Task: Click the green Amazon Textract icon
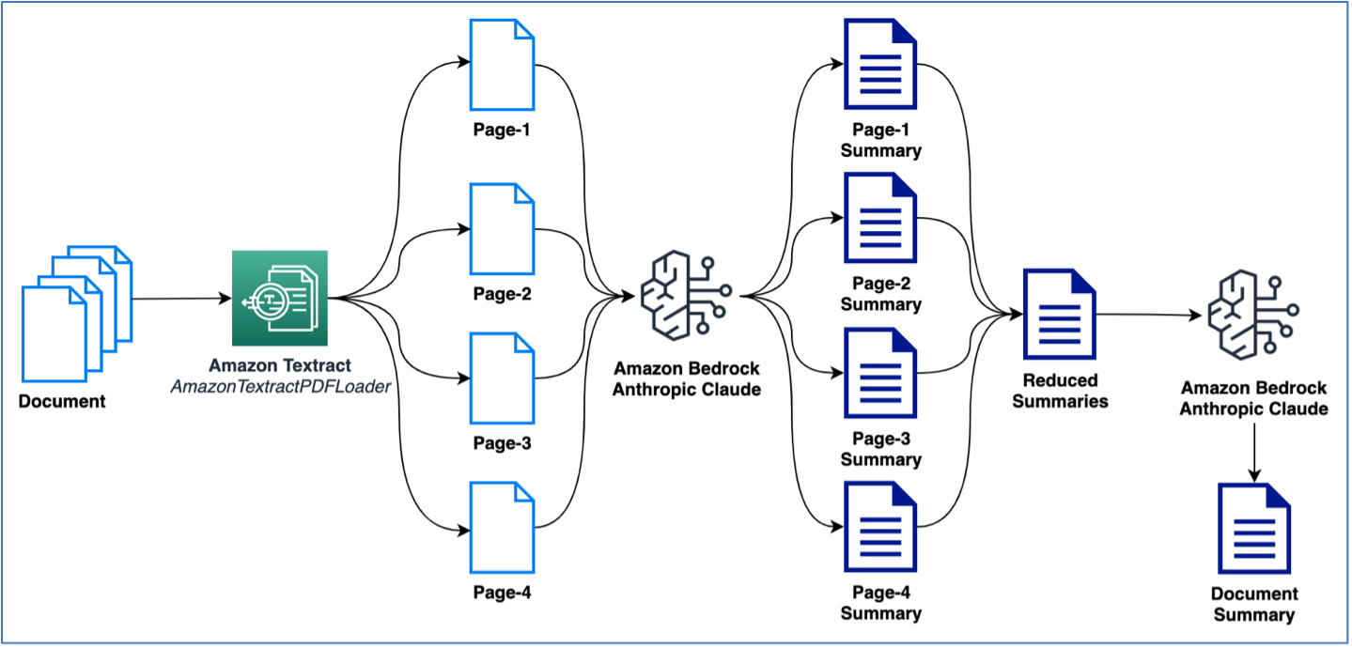click(x=279, y=298)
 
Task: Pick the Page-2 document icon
click(x=502, y=230)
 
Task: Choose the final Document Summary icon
click(x=1253, y=529)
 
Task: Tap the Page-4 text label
click(x=502, y=593)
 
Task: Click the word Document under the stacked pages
click(x=63, y=402)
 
